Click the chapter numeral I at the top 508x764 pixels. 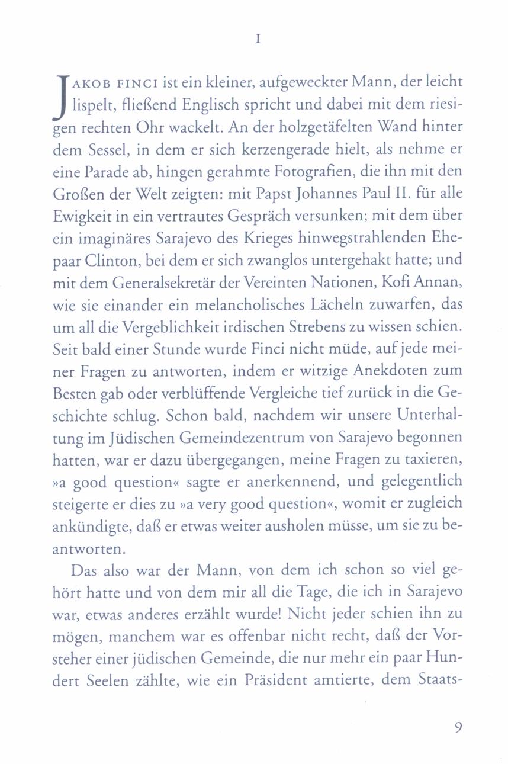point(257,40)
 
